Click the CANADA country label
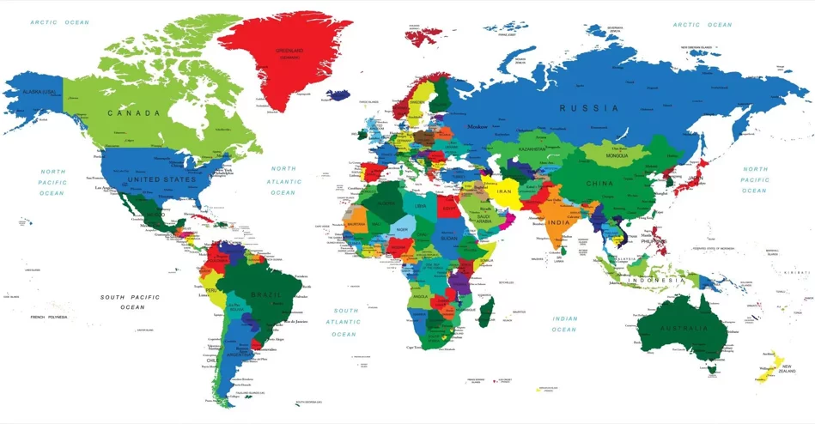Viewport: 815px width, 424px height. click(x=133, y=113)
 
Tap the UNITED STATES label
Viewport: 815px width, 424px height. click(x=161, y=180)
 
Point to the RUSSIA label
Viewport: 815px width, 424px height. click(x=588, y=108)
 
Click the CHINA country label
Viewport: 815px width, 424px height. click(x=599, y=184)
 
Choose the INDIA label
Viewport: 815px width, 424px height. click(x=559, y=223)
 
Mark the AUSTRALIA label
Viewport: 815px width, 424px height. click(x=684, y=328)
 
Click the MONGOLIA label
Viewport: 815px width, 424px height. click(x=617, y=156)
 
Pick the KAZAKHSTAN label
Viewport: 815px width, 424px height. click(x=532, y=149)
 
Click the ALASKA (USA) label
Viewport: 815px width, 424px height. click(x=39, y=92)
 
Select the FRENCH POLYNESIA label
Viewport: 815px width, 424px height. click(x=49, y=318)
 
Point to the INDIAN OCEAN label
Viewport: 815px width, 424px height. click(x=563, y=324)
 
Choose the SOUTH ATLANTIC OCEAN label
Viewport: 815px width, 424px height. click(x=345, y=322)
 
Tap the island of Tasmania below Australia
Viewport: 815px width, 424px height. click(x=709, y=369)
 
